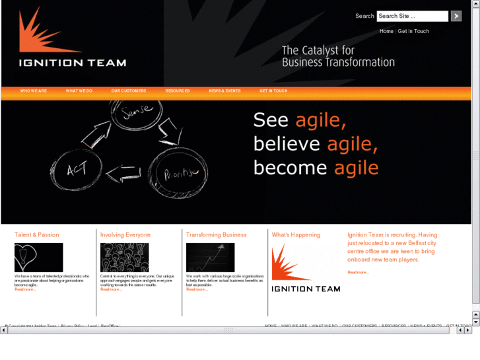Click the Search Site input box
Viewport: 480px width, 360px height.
point(412,16)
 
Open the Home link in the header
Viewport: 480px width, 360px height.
point(386,31)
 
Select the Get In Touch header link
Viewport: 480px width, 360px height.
point(413,31)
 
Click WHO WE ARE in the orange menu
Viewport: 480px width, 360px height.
point(33,90)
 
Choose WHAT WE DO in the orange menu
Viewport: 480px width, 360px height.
point(79,90)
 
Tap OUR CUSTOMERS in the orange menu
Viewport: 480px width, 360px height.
point(129,90)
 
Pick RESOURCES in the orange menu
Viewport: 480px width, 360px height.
point(178,90)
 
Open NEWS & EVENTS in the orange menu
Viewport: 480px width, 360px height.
point(224,90)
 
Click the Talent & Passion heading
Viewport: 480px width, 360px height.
point(37,234)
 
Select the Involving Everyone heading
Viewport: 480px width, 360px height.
point(125,234)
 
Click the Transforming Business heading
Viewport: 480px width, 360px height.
point(217,234)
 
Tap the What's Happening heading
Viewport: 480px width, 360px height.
point(296,234)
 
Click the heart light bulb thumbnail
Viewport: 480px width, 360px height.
point(39,257)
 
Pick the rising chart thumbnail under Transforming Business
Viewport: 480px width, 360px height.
point(210,257)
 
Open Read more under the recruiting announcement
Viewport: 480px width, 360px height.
point(358,272)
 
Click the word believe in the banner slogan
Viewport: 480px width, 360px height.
point(287,144)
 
